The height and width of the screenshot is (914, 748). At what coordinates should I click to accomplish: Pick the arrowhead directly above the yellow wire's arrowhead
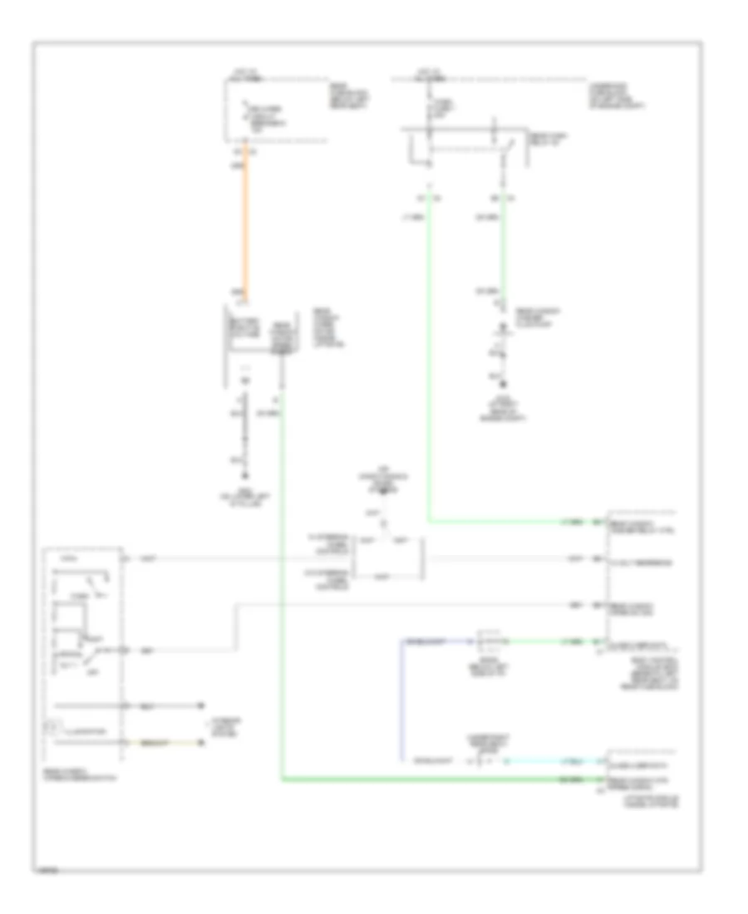pos(201,705)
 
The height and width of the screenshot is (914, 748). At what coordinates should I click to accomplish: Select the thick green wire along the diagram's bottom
pos(432,779)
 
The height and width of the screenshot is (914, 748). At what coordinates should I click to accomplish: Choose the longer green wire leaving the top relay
pos(429,374)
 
